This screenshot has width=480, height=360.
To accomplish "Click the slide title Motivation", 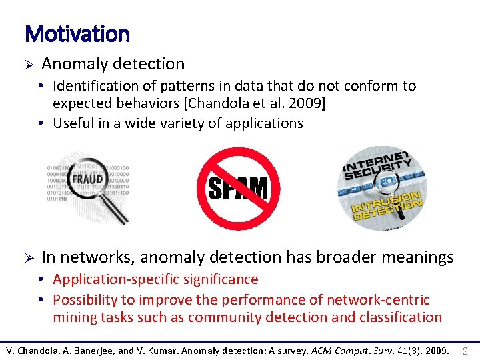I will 77,33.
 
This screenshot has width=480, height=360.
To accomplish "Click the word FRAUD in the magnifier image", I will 87,179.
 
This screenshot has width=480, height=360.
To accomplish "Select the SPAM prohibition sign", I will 238,188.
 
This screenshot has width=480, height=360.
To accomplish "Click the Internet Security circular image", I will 381,188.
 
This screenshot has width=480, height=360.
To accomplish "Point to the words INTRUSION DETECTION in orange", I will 387,207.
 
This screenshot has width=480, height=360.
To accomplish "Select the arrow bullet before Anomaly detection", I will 29,64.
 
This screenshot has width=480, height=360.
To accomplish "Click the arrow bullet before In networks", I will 29,257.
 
